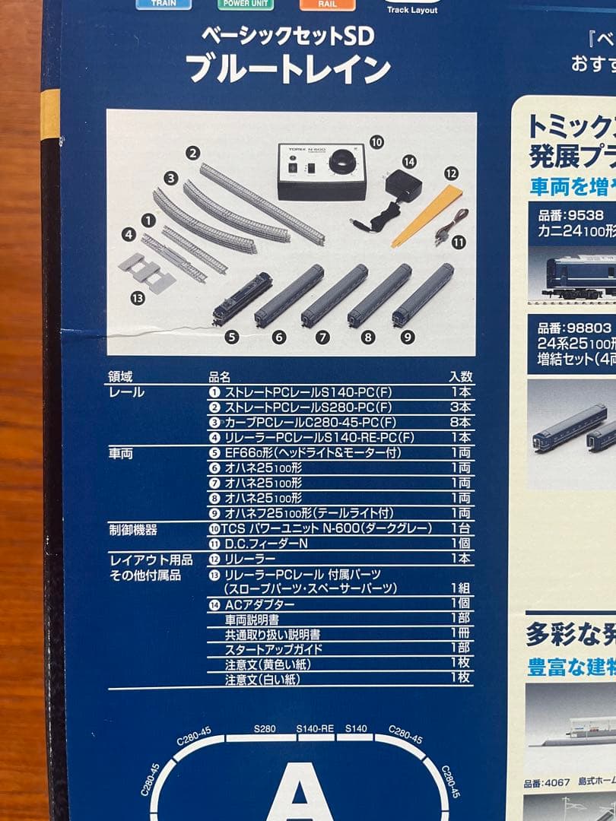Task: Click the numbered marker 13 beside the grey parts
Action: point(138,298)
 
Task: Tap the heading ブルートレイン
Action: point(288,70)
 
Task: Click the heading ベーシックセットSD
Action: point(287,35)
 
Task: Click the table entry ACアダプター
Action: point(259,604)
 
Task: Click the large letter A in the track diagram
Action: point(300,791)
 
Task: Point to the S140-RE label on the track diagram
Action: point(315,728)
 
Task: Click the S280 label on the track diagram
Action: point(264,728)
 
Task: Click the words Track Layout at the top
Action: point(411,10)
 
